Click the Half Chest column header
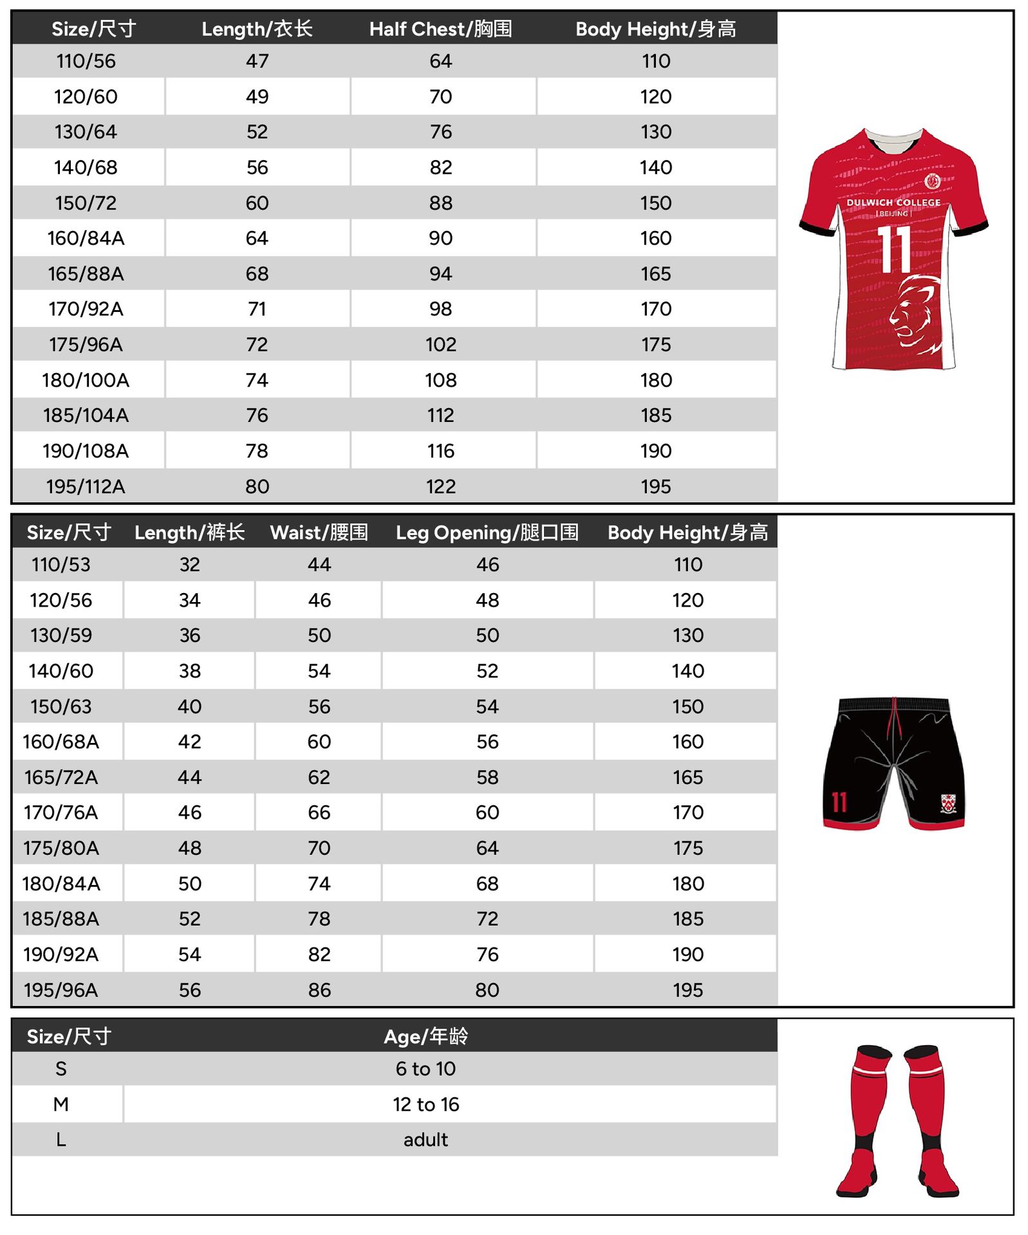440,29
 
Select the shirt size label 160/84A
86,238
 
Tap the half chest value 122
440,486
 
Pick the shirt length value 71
257,309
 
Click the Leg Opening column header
487,533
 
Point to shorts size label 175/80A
61,848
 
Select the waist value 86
319,989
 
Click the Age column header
425,1036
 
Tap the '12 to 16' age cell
425,1104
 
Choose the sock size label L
61,1140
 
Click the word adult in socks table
425,1140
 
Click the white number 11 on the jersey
895,249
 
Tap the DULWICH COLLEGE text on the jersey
893,203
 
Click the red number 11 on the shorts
839,802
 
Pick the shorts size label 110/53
61,565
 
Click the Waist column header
319,533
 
